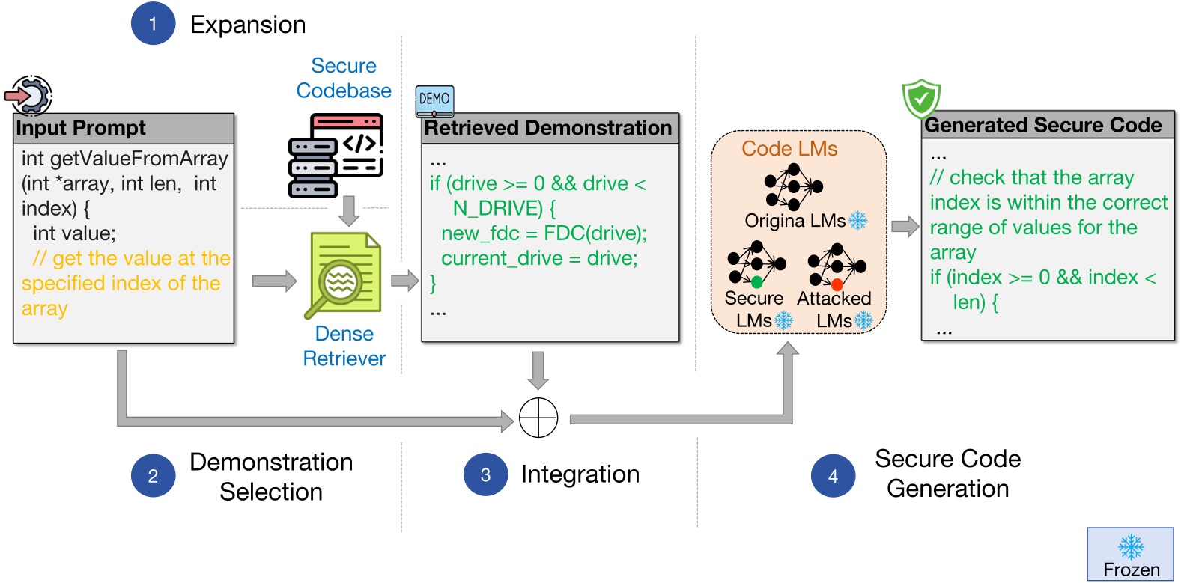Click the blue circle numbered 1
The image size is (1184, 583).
tap(153, 23)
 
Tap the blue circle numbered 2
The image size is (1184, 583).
tap(153, 476)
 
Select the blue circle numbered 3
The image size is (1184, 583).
tap(485, 474)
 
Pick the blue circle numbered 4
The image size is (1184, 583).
tap(833, 476)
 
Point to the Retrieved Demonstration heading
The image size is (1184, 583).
tap(549, 128)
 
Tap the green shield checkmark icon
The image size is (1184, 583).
tap(920, 98)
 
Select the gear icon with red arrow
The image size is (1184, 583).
tap(29, 96)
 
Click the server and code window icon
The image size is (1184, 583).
tap(336, 155)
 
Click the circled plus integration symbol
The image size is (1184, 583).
tap(538, 418)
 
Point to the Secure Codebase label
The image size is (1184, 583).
tap(344, 78)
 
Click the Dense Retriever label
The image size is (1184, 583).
tap(344, 346)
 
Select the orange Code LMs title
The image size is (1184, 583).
tap(789, 148)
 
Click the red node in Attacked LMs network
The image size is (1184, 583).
tap(837, 284)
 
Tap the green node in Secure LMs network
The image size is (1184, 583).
tap(756, 282)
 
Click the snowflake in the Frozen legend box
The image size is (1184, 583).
tap(1131, 546)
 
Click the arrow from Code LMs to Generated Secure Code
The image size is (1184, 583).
tap(905, 226)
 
